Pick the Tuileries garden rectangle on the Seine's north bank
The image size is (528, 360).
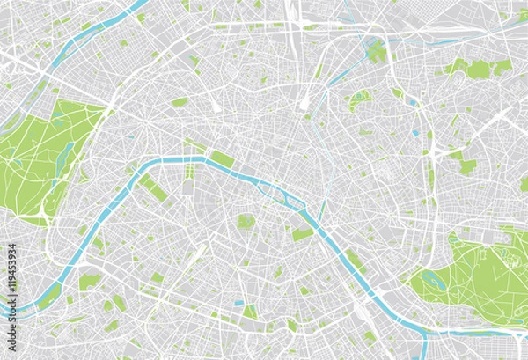click(x=223, y=159)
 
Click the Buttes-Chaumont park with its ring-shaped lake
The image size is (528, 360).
click(x=358, y=100)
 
